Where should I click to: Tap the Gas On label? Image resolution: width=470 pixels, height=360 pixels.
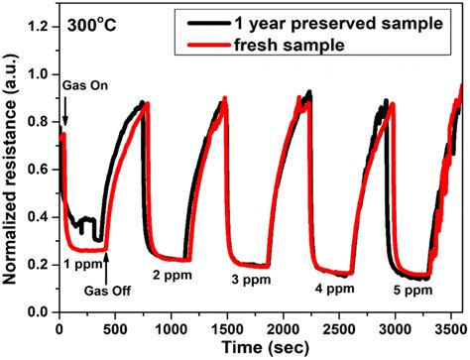tap(82, 87)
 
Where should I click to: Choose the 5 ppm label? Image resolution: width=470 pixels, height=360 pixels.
tap(411, 291)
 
